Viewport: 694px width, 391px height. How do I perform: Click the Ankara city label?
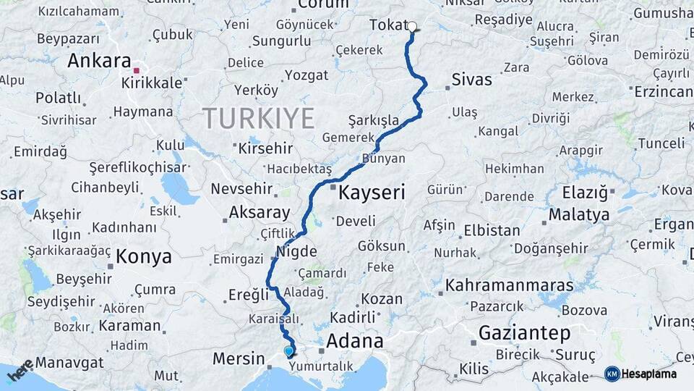tap(98, 61)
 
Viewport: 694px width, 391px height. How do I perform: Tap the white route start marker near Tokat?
tap(412, 27)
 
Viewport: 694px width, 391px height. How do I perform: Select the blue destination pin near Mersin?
tap(289, 351)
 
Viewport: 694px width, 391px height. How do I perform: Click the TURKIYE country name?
tap(258, 117)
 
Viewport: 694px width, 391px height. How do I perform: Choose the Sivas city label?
tap(471, 80)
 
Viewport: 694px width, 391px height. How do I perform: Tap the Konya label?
tap(144, 256)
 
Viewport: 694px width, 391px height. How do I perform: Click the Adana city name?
tap(354, 340)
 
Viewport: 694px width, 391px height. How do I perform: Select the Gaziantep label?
tap(524, 334)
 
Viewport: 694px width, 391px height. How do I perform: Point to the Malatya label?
tap(578, 215)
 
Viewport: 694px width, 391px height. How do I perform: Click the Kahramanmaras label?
tap(510, 285)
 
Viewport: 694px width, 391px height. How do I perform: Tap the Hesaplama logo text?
tap(649, 374)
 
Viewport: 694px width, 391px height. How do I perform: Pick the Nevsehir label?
tap(241, 189)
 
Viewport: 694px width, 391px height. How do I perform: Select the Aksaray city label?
tap(259, 214)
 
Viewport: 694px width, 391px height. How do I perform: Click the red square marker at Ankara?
tap(137, 71)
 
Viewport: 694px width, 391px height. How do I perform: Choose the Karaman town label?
tap(129, 325)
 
